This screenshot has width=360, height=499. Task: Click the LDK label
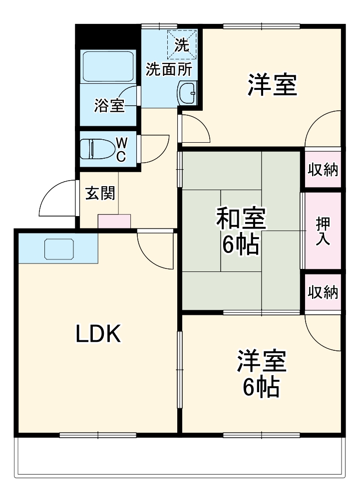point(98,333)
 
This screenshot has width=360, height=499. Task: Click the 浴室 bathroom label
point(109,106)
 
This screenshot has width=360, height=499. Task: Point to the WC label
point(121,149)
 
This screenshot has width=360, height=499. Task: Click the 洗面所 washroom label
point(168,69)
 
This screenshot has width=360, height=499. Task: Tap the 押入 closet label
point(323,231)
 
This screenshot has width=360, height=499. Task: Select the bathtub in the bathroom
point(108,66)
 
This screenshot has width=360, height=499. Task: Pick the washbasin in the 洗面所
point(188,93)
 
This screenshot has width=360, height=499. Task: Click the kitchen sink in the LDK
point(59,249)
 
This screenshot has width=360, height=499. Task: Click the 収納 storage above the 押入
point(323,170)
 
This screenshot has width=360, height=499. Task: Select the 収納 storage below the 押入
point(323,292)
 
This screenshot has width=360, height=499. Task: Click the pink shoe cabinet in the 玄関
point(114,221)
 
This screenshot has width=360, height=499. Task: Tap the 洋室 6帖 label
point(261,374)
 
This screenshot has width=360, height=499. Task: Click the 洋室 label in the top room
point(273,85)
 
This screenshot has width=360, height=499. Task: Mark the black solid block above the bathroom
point(107,36)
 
